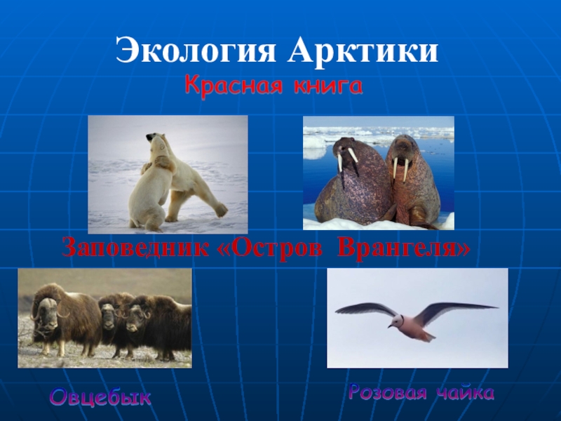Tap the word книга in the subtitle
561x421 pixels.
click(x=325, y=87)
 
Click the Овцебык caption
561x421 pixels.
click(x=100, y=397)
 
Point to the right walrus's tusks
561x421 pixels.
click(x=400, y=169)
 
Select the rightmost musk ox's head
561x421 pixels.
click(x=137, y=313)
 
